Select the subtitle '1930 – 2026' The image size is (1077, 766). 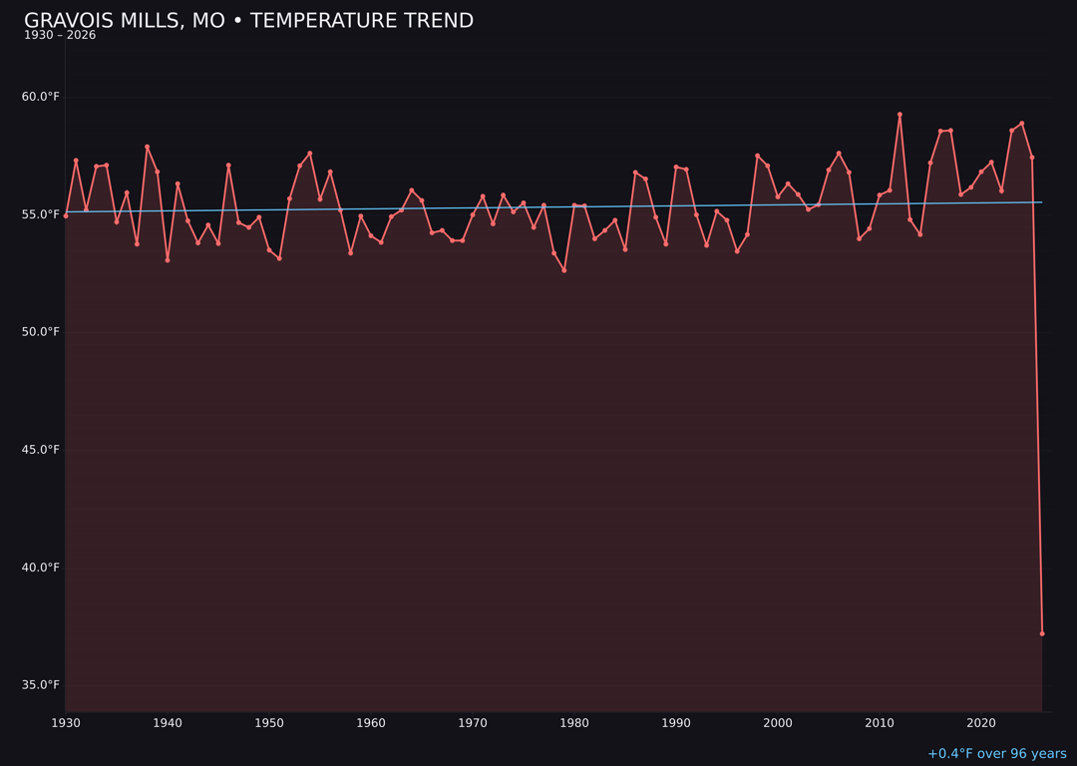(x=60, y=36)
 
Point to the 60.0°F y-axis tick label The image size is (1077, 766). (x=41, y=97)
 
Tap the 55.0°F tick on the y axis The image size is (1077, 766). (x=41, y=214)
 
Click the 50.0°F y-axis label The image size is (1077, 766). (x=41, y=332)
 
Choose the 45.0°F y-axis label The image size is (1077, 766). (x=41, y=450)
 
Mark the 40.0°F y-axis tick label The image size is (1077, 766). (x=41, y=568)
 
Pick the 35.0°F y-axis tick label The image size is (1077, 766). (x=41, y=685)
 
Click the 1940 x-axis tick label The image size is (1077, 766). (x=168, y=723)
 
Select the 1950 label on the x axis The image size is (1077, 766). (x=269, y=723)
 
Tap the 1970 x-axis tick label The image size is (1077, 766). (x=473, y=723)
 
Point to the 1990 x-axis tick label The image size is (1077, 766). (x=676, y=723)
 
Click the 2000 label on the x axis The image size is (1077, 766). (x=778, y=723)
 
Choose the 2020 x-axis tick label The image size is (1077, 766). (x=981, y=723)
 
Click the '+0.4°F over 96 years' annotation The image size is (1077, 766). (x=996, y=754)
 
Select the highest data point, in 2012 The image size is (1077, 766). (x=899, y=115)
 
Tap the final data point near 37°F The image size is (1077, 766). (x=1042, y=633)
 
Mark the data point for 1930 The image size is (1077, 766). (x=66, y=215)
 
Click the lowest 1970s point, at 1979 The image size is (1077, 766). (x=563, y=270)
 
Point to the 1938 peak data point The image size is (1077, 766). (x=147, y=147)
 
